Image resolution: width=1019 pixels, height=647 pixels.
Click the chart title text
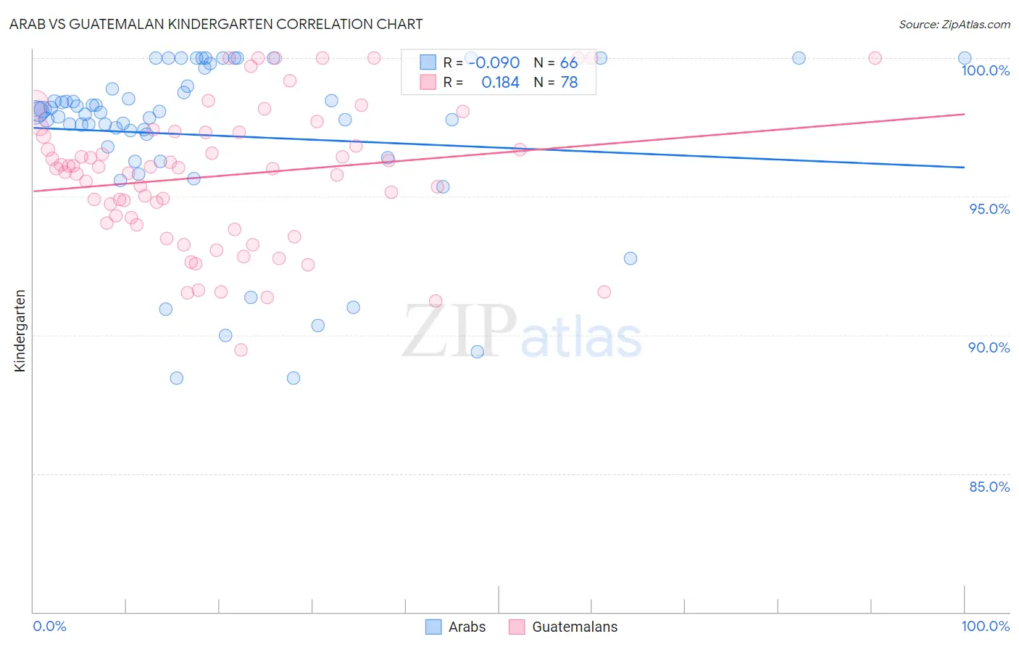coord(216,24)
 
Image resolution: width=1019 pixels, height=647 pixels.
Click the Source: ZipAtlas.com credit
coord(954,25)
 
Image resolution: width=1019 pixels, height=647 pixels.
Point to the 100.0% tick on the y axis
coord(985,70)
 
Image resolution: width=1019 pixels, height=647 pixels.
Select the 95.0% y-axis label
coord(989,209)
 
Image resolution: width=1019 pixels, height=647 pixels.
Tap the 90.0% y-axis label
coord(989,347)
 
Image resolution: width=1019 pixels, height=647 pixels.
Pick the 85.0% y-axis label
coord(989,487)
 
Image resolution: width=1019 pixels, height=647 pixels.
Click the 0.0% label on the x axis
coord(49,626)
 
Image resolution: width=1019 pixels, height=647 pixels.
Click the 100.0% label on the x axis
coord(985,626)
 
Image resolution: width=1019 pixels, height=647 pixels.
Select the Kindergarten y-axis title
coord(20,331)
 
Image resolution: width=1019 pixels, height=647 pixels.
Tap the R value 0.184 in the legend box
coord(500,83)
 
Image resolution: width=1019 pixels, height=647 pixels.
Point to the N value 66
coord(569,63)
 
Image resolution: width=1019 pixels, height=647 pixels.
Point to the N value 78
coord(569,83)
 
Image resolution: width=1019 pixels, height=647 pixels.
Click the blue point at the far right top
coord(964,58)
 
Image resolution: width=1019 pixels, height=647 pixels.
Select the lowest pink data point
coord(241,350)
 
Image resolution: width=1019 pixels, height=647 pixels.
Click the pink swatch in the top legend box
coord(428,82)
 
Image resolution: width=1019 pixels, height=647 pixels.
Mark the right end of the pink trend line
coord(964,114)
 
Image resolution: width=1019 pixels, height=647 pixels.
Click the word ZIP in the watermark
coord(459,331)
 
